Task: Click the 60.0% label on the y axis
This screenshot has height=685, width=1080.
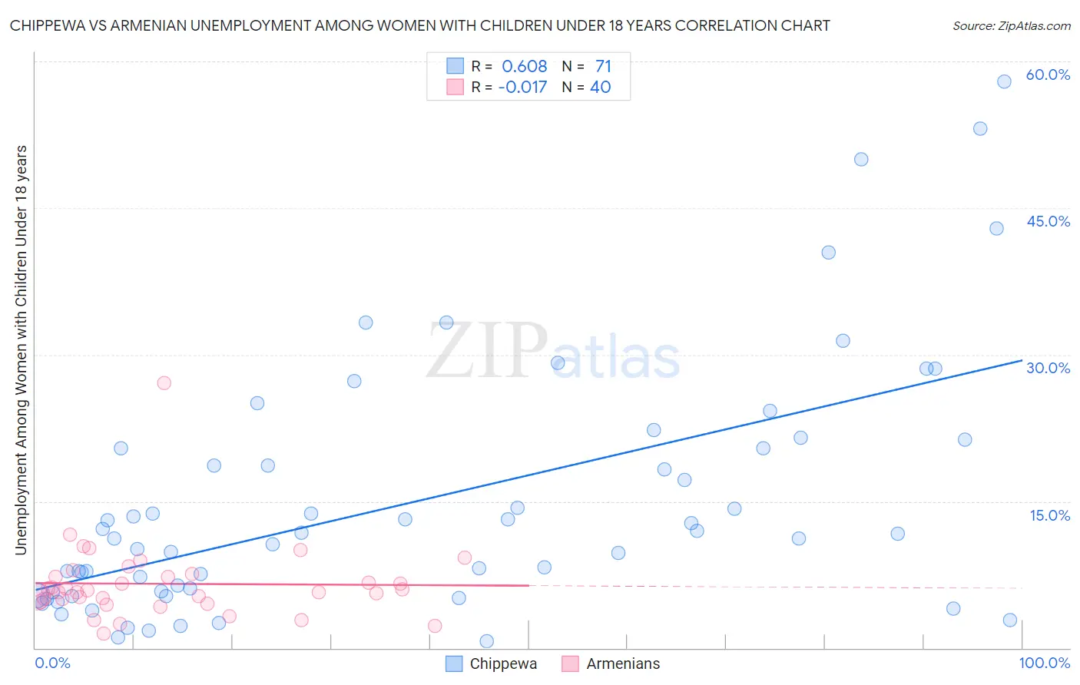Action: (x=1048, y=74)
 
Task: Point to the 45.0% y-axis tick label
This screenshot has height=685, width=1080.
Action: (x=1048, y=221)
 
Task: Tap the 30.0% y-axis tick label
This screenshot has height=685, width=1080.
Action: (x=1048, y=368)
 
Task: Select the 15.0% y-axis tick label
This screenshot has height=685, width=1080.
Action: (x=1049, y=515)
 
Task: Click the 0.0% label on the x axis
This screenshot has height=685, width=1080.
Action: (x=52, y=663)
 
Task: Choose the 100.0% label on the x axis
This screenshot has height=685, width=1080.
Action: (x=1044, y=663)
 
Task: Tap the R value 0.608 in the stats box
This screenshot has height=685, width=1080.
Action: (x=524, y=67)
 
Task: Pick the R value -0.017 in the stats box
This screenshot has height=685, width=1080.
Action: (x=522, y=88)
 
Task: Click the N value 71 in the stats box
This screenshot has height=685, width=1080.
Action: (x=603, y=67)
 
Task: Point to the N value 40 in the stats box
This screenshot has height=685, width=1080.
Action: (x=600, y=88)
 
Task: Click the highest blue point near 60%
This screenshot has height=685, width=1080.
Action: (x=1004, y=81)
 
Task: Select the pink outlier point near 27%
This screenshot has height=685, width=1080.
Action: (x=164, y=382)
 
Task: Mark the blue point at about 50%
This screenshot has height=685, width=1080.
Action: (x=861, y=159)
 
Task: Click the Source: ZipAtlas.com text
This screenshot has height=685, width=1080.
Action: (x=1011, y=26)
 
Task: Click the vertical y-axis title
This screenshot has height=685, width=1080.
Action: (x=21, y=349)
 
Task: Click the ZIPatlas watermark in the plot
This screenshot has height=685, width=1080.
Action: (x=553, y=352)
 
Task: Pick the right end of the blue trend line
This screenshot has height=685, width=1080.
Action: (x=1022, y=359)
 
